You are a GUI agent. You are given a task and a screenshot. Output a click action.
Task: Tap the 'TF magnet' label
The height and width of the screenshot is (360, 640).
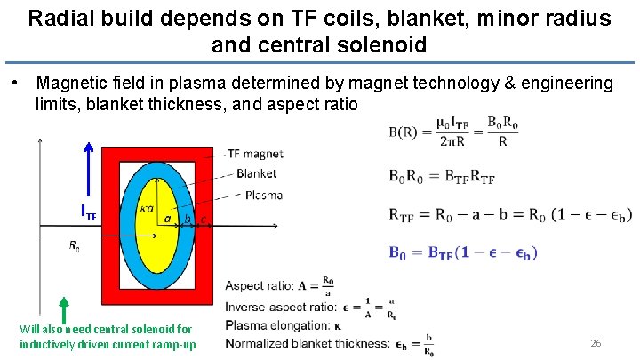click(x=256, y=154)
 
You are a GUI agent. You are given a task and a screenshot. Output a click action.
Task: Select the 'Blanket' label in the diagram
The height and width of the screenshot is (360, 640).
click(x=256, y=173)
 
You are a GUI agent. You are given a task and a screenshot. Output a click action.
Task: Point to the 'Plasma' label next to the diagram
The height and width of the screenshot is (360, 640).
click(x=263, y=195)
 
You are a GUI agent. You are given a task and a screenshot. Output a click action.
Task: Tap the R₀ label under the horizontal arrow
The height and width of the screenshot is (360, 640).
click(x=75, y=247)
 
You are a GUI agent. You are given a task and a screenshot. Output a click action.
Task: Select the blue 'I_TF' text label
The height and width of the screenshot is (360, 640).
click(x=89, y=213)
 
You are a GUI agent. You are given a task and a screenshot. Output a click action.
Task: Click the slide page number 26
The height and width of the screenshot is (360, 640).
click(x=596, y=342)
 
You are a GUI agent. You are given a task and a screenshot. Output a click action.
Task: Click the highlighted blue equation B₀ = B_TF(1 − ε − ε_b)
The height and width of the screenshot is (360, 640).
click(x=463, y=252)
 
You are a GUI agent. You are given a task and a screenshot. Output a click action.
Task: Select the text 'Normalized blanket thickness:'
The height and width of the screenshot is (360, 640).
click(x=307, y=343)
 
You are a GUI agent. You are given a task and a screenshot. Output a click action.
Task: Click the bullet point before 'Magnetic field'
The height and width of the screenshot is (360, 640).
click(x=15, y=83)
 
